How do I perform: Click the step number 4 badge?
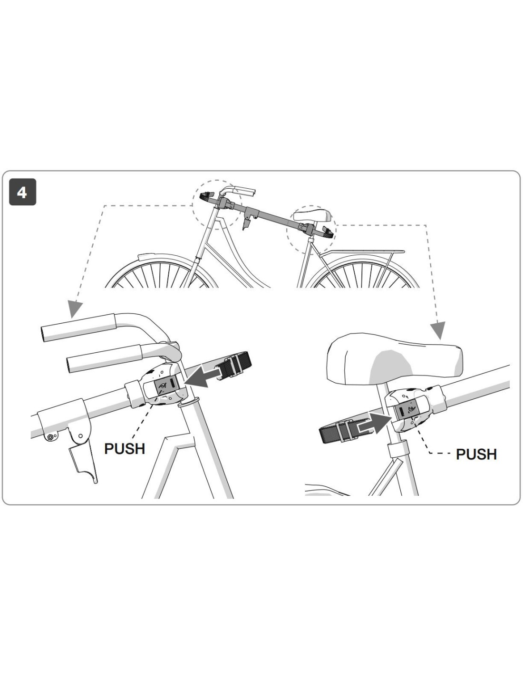click(22, 192)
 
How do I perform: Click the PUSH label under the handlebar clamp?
click(125, 449)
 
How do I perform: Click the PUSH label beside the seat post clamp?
click(476, 454)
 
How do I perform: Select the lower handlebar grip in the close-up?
click(104, 359)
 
